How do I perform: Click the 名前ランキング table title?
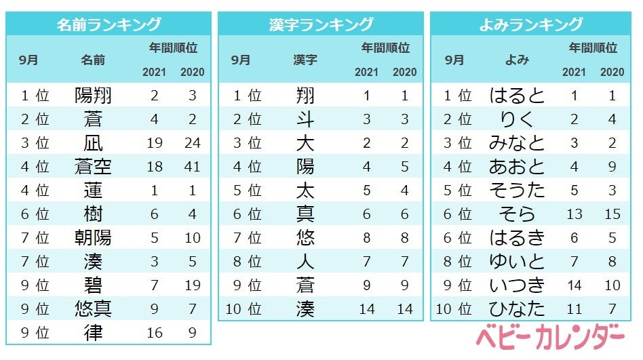click(109, 24)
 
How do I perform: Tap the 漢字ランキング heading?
click(321, 24)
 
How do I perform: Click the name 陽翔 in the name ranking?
click(93, 96)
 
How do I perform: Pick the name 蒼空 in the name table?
click(93, 167)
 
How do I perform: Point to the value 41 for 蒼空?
click(193, 167)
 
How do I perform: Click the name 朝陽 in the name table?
click(93, 237)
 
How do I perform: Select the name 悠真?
click(93, 308)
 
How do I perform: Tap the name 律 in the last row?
click(93, 332)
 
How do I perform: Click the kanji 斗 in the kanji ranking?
click(305, 120)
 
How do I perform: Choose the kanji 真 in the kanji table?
click(305, 214)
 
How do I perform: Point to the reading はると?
click(518, 96)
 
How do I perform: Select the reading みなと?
click(518, 144)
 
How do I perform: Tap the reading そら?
click(518, 214)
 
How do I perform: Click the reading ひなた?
click(518, 309)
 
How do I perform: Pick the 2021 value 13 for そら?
click(574, 214)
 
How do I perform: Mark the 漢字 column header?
click(305, 60)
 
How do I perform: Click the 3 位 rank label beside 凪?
click(35, 144)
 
